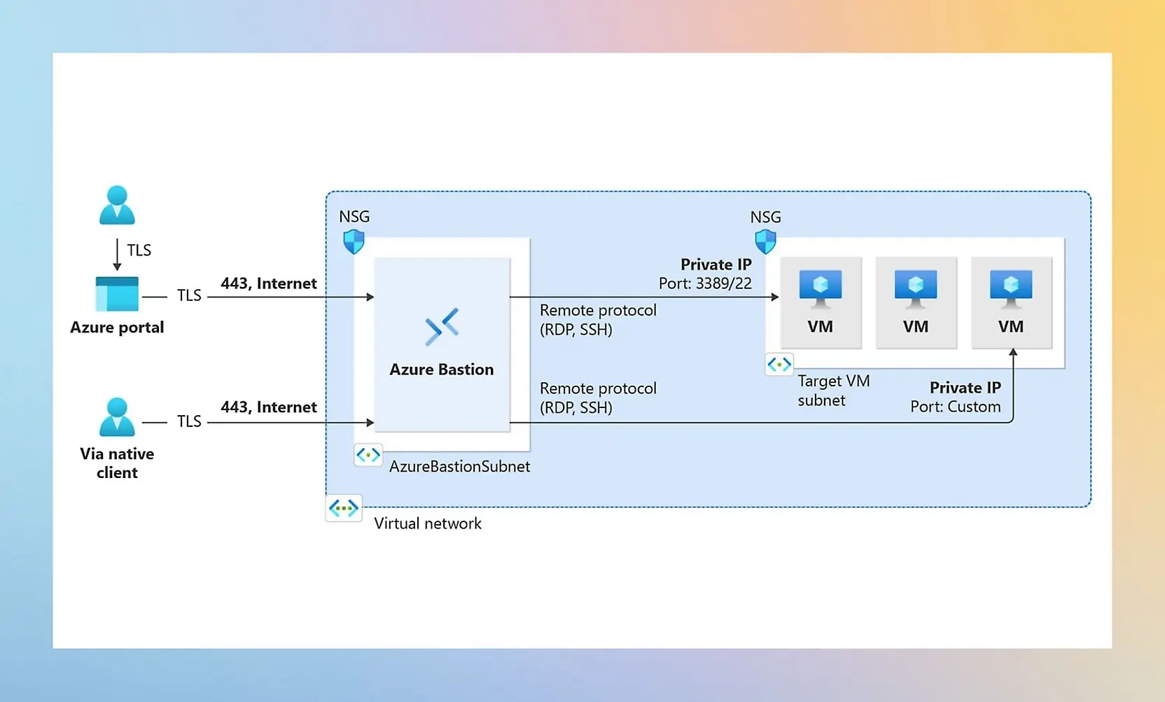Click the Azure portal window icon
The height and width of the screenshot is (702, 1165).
(x=117, y=294)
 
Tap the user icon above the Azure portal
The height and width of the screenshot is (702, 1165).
(x=117, y=205)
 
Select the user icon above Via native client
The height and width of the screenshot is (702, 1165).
(x=117, y=417)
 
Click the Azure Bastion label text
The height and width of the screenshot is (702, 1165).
(x=441, y=370)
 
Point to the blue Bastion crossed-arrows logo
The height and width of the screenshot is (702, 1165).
(x=442, y=326)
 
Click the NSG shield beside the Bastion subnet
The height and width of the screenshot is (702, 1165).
(x=354, y=241)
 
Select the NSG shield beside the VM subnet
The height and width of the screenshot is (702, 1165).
(x=765, y=241)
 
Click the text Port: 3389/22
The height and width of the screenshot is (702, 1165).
(x=704, y=283)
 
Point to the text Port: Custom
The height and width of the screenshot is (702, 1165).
(x=955, y=407)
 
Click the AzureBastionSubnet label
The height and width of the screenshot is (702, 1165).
(x=459, y=466)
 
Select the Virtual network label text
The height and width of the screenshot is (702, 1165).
(x=428, y=524)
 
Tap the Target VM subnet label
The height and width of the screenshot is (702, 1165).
(x=833, y=391)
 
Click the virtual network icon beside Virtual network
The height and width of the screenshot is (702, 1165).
(x=344, y=508)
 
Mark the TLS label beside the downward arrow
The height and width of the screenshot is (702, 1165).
(x=139, y=251)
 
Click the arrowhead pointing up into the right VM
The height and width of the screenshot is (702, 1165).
(x=1013, y=352)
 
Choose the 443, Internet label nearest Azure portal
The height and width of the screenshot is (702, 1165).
(x=268, y=283)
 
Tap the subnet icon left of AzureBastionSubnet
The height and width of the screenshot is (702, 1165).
(x=368, y=455)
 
